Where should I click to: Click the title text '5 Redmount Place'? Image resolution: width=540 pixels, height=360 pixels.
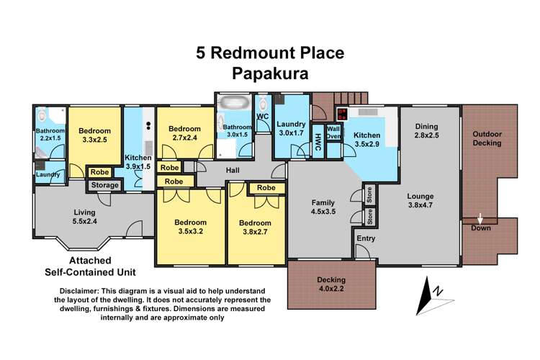pyautogui.click(x=270, y=53)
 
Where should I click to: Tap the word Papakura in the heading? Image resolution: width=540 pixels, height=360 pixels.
pyautogui.click(x=270, y=72)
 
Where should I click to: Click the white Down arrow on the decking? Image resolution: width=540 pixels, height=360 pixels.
pyautogui.click(x=480, y=217)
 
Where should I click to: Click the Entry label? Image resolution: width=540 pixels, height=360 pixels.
pyautogui.click(x=366, y=238)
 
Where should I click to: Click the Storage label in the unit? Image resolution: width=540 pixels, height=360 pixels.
pyautogui.click(x=104, y=186)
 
